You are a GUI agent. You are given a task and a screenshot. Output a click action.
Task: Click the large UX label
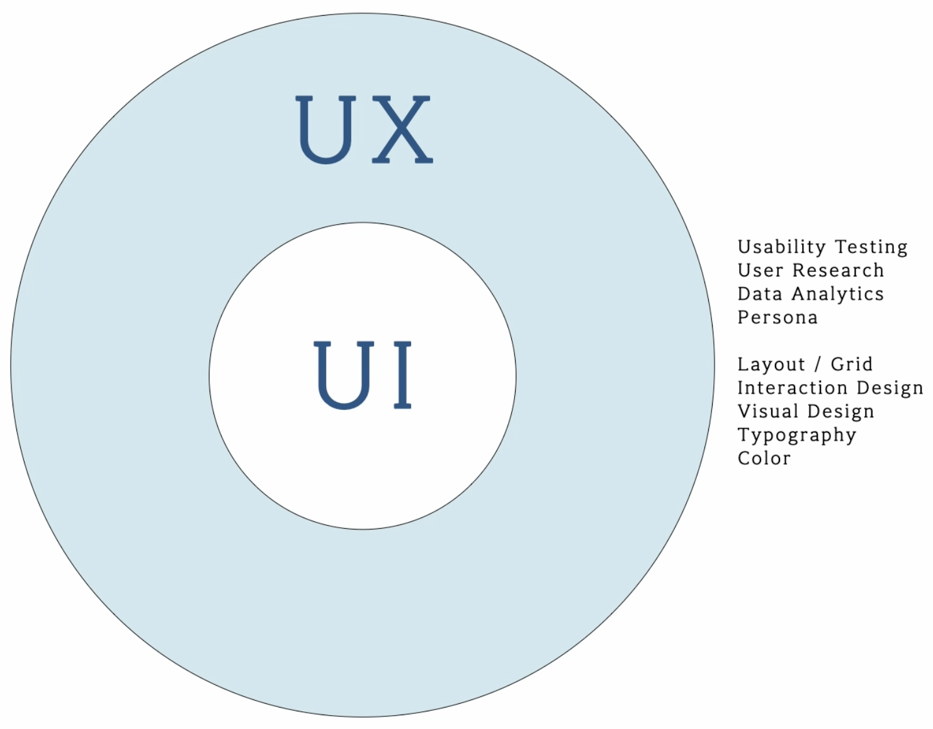pos(364,130)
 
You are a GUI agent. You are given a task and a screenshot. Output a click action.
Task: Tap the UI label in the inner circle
pos(363,375)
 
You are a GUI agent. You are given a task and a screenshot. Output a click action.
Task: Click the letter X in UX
pos(402,130)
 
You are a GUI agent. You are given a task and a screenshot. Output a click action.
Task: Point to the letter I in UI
pos(403,375)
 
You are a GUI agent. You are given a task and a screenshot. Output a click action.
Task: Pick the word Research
pos(838,270)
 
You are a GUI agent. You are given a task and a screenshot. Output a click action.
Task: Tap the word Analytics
pos(838,294)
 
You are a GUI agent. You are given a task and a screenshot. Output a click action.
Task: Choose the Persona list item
pos(777,317)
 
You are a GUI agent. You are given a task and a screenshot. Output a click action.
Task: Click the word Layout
pos(771,364)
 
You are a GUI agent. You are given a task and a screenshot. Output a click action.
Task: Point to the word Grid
pos(851,364)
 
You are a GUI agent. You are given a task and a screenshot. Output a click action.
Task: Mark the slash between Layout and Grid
pos(818,364)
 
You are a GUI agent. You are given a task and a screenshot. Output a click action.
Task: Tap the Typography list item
pos(797,436)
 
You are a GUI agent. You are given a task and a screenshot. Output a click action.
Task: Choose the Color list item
pos(764,458)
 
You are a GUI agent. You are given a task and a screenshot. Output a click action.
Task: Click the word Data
pos(760,294)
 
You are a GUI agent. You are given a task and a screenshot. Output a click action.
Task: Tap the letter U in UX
pos(325,130)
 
